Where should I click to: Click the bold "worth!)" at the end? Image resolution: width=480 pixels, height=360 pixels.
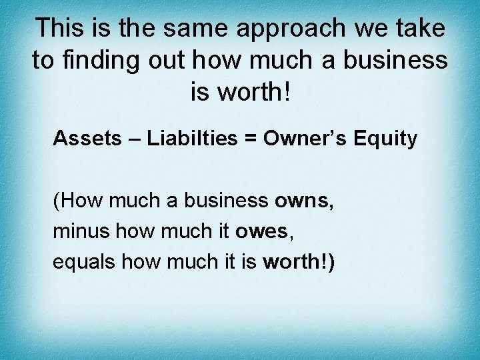[x=299, y=261]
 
